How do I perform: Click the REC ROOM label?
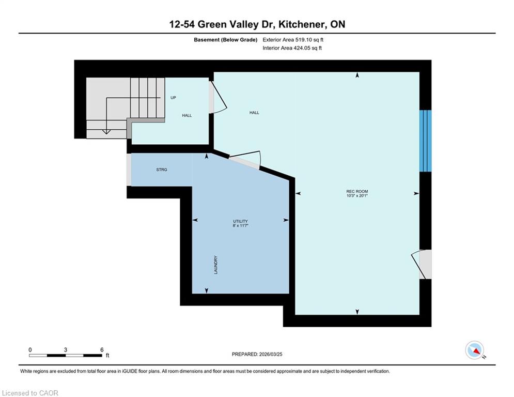click(x=357, y=191)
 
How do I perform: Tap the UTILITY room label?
click(x=240, y=221)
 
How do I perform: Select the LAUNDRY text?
click(x=216, y=265)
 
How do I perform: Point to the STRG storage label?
click(x=162, y=170)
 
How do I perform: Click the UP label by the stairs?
click(x=173, y=98)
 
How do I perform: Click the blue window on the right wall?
click(x=426, y=141)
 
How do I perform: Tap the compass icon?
click(x=475, y=350)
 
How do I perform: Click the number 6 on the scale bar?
click(x=102, y=350)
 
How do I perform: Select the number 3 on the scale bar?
click(x=66, y=350)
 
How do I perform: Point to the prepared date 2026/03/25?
click(x=271, y=354)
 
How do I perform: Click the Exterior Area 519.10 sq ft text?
click(x=293, y=40)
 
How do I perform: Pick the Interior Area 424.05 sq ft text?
click(x=292, y=48)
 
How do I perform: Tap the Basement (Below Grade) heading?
click(x=226, y=40)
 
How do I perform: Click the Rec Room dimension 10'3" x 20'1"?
click(x=357, y=196)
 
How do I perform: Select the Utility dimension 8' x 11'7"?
click(x=240, y=226)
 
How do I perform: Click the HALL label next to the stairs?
click(x=187, y=115)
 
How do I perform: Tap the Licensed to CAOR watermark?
click(x=30, y=393)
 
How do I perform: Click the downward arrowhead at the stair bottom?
click(x=106, y=132)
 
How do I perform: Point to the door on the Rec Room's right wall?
click(x=421, y=265)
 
